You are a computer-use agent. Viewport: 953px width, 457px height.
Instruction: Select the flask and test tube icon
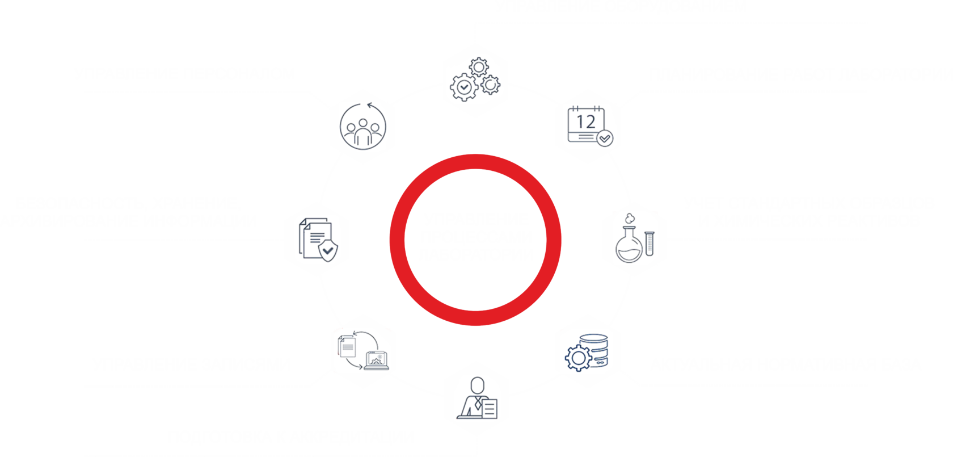(x=634, y=239)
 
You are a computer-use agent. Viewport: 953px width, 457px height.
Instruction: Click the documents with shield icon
(x=316, y=240)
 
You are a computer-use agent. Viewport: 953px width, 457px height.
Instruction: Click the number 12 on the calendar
(x=586, y=121)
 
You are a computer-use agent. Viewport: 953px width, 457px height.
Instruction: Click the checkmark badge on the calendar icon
(x=605, y=138)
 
